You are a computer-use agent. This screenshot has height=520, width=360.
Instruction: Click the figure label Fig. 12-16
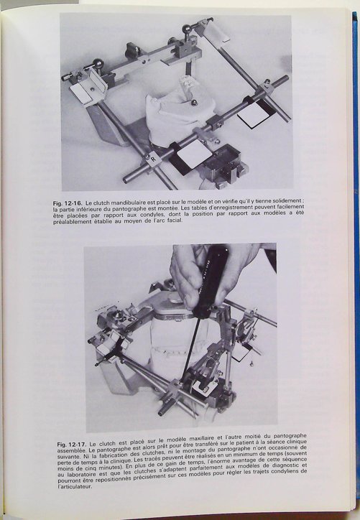pos(68,203)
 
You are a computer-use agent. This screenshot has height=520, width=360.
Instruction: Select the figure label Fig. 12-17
pos(72,445)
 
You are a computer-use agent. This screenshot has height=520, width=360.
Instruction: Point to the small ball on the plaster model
pos(194,103)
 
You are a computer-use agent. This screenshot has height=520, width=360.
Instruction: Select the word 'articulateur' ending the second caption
pos(75,487)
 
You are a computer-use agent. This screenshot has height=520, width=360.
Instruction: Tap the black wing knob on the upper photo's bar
pos(131,50)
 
